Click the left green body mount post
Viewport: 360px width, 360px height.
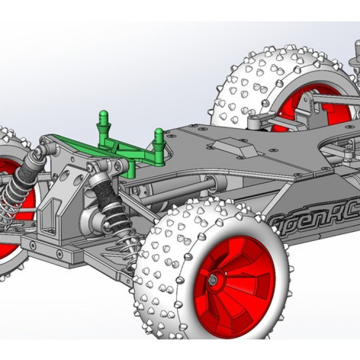[103, 125]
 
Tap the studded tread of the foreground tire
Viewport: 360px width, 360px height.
[165, 280]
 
